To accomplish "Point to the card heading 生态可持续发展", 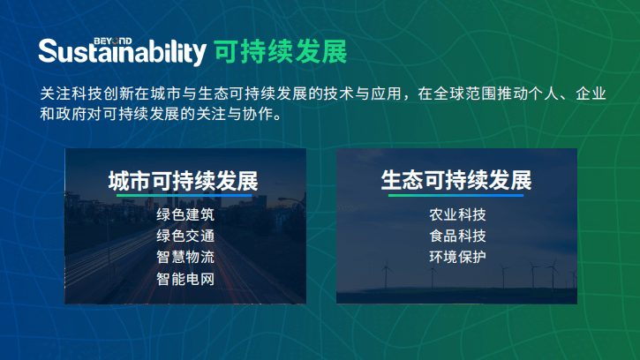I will (456, 181).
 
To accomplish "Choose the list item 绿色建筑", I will (185, 214).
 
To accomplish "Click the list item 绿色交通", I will (185, 236).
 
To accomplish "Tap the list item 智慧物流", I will (185, 258).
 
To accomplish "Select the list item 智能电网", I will (185, 279).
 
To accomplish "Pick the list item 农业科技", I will (457, 214).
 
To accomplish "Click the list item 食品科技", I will (457, 236).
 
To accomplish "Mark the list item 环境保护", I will (457, 258).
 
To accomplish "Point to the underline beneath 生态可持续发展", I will (456, 197).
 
